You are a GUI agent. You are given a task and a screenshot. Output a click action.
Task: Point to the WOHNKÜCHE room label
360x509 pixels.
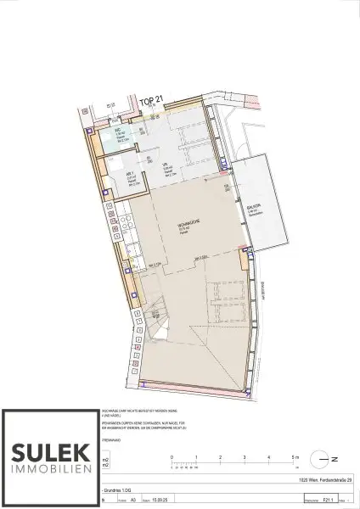pos(182,227)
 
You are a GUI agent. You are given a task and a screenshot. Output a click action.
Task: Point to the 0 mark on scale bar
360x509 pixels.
pos(172,457)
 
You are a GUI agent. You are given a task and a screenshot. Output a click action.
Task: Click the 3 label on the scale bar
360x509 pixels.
pos(245,457)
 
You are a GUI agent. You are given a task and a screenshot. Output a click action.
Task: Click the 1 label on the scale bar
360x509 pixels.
pos(195,457)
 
